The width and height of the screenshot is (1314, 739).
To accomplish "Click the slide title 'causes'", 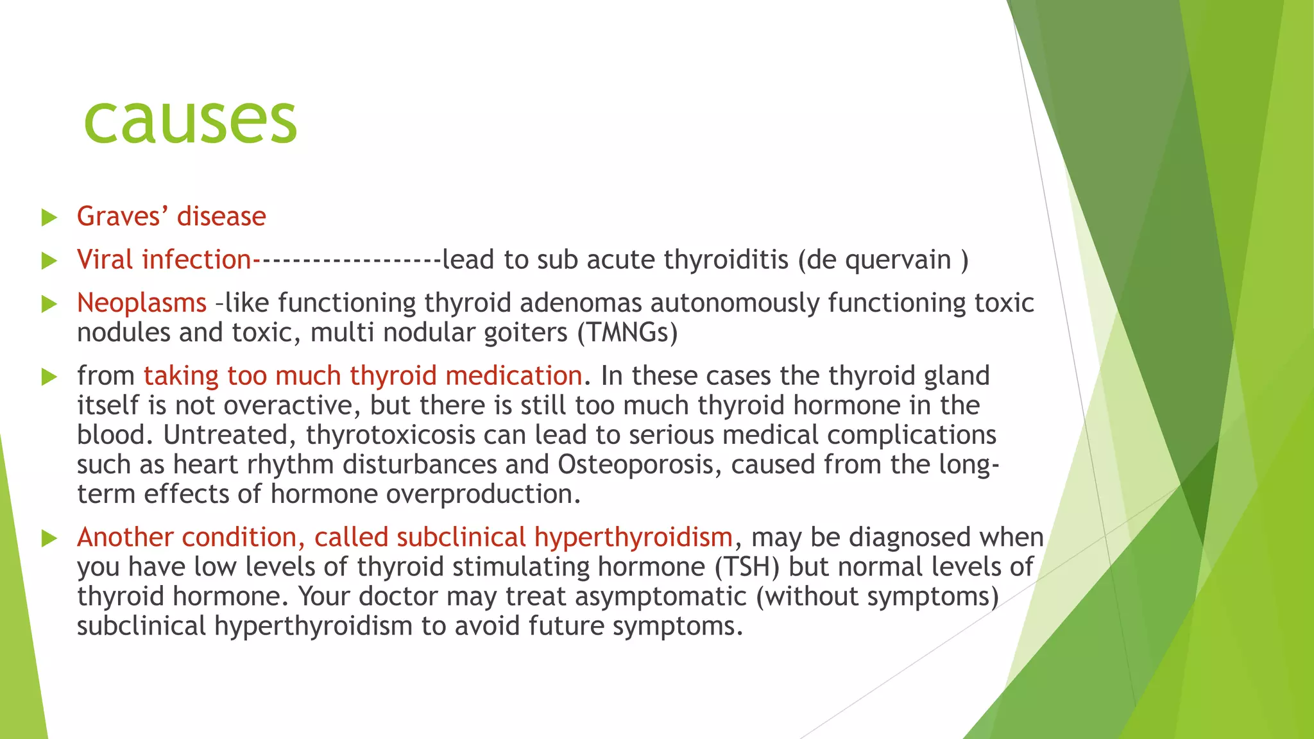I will (191, 121).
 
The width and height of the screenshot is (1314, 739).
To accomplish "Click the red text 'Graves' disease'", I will (171, 216).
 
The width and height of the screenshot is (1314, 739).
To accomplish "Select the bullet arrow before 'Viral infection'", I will (49, 260).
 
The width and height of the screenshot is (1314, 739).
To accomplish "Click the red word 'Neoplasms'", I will (142, 303).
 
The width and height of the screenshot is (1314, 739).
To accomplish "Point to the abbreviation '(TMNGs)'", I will (627, 332).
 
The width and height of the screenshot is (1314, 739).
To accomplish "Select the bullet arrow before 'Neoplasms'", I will (49, 304).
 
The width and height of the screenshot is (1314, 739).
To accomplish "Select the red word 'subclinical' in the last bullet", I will (461, 537).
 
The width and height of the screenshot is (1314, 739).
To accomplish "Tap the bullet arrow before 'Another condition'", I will (49, 538).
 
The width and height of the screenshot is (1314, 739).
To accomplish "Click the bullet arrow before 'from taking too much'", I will (49, 377).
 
